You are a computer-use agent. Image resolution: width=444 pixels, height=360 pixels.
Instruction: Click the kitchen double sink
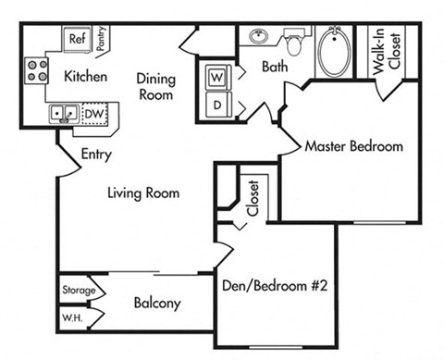click(x=63, y=114)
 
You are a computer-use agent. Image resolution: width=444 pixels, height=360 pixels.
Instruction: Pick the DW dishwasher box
click(x=93, y=114)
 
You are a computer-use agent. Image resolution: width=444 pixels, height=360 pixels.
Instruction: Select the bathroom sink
click(x=259, y=39)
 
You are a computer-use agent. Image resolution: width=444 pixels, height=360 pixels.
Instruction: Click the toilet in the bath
click(x=295, y=43)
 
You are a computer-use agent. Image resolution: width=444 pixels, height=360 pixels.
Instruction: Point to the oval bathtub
click(x=331, y=53)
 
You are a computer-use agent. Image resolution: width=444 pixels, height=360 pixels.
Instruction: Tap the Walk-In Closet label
click(x=386, y=54)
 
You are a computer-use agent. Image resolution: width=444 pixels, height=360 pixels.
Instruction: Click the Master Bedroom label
click(x=353, y=146)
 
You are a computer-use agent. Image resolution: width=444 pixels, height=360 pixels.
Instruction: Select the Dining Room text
click(x=156, y=86)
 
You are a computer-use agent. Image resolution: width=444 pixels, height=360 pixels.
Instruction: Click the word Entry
click(x=97, y=155)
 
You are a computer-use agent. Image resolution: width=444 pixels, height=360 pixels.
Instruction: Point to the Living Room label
click(x=142, y=193)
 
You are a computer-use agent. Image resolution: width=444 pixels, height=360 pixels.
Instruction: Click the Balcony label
click(x=156, y=303)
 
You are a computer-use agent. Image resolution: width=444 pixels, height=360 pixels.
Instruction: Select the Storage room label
click(x=79, y=291)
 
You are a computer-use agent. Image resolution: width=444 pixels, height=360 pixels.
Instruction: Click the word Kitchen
click(x=85, y=76)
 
